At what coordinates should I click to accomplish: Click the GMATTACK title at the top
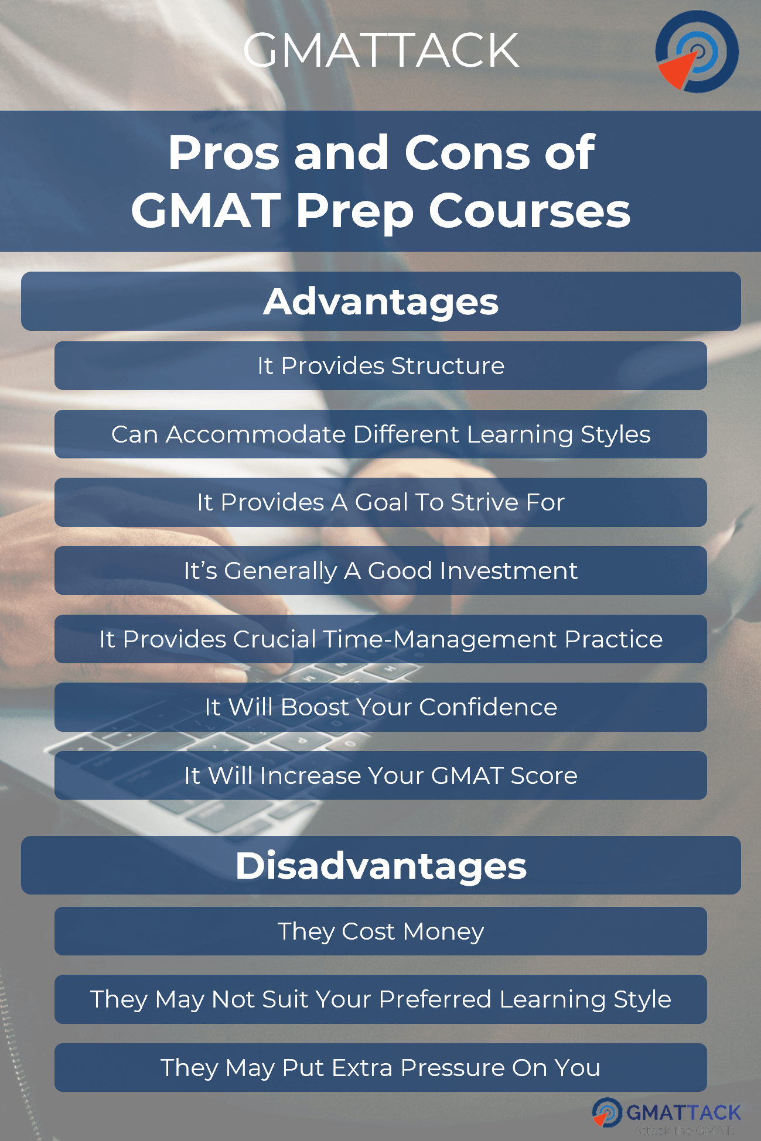pos(381,50)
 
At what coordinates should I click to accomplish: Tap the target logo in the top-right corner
pos(697,52)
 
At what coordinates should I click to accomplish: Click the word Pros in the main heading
pos(224,153)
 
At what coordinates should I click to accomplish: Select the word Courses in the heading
pos(529,211)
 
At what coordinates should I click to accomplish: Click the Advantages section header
pos(381,301)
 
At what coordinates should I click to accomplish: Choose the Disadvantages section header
pos(381,865)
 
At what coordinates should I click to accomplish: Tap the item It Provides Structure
pos(381,366)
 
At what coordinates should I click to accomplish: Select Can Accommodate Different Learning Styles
pos(381,434)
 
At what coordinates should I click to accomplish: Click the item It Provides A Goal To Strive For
pos(381,502)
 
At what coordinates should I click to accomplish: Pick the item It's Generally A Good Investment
pos(381,571)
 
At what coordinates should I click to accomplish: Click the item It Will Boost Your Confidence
pos(381,707)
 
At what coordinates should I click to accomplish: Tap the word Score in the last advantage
pos(544,776)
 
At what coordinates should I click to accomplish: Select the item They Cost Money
pos(381,931)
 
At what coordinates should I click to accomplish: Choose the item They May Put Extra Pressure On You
pos(381,1068)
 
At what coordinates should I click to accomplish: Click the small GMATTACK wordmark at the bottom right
pos(683,1112)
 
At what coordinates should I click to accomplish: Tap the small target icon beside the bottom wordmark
pos(606,1112)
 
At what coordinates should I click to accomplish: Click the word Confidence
pos(488,707)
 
